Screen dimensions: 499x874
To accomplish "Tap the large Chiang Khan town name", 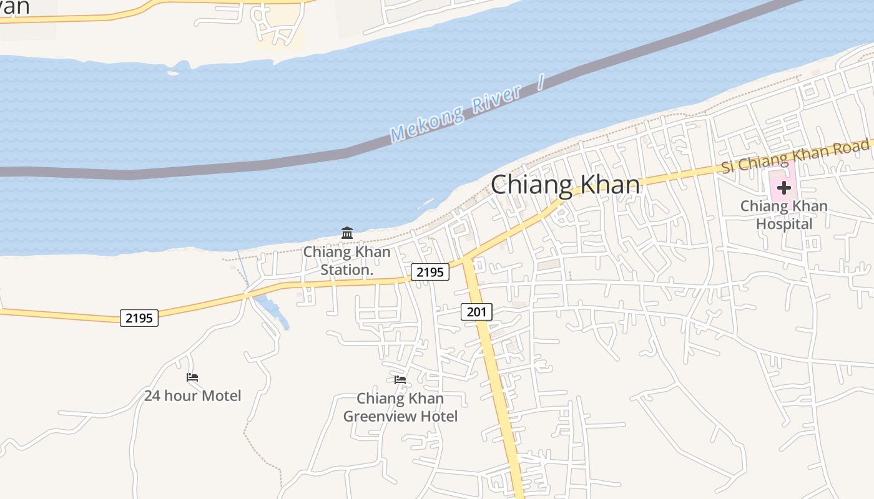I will click(x=566, y=185).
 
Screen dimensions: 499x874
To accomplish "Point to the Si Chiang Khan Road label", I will click(x=795, y=155).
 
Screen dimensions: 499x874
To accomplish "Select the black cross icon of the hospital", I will click(x=783, y=187).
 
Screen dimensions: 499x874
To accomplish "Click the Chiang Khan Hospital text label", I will click(x=784, y=215).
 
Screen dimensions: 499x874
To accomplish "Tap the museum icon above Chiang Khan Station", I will click(x=347, y=233).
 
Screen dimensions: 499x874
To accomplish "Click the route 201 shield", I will click(x=477, y=311).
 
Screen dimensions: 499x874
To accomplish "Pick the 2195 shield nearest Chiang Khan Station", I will click(x=430, y=272).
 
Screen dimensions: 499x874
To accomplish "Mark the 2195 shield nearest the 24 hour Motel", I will click(x=139, y=318).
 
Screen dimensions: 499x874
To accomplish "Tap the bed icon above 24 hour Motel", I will click(x=192, y=377).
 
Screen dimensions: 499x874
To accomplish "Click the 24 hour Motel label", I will click(x=192, y=395).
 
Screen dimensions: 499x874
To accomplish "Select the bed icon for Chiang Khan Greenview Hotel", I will click(x=400, y=379).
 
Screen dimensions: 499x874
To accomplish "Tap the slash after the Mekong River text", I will click(x=541, y=82).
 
